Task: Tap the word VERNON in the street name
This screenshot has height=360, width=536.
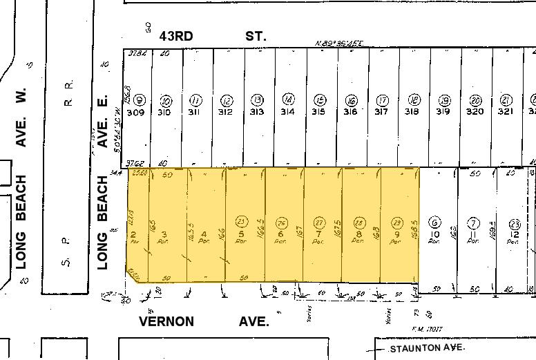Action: click(x=166, y=321)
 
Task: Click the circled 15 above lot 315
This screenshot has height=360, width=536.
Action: click(x=319, y=100)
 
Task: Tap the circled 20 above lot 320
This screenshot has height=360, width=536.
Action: click(x=475, y=100)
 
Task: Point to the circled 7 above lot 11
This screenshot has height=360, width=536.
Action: click(x=473, y=222)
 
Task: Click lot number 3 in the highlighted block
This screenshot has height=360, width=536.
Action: click(x=164, y=235)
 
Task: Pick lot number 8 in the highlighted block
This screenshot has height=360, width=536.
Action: click(x=358, y=235)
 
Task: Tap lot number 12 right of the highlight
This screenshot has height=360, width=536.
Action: click(x=515, y=235)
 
